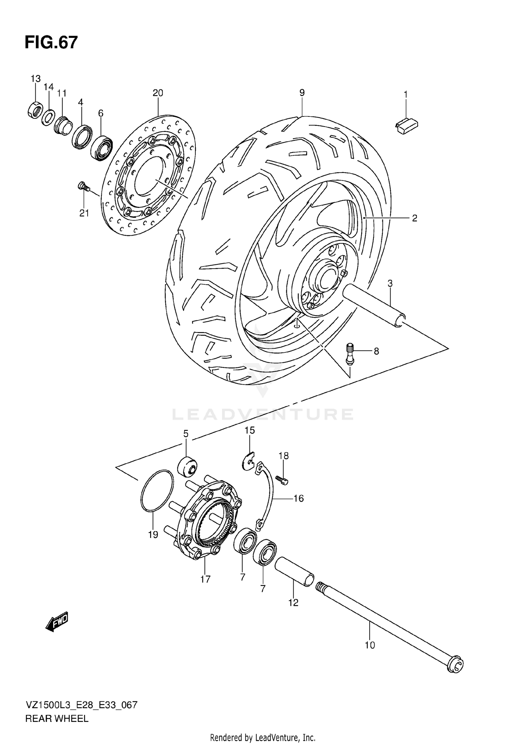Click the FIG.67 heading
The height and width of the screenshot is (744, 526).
tap(51, 43)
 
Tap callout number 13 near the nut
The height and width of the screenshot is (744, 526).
tap(35, 79)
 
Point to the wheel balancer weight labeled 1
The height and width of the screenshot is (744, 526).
tap(407, 126)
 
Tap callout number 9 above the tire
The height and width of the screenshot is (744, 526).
tap(302, 93)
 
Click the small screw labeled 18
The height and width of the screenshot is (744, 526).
tap(282, 480)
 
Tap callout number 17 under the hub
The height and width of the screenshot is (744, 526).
tap(205, 579)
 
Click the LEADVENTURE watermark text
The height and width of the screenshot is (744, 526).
tap(263, 414)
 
